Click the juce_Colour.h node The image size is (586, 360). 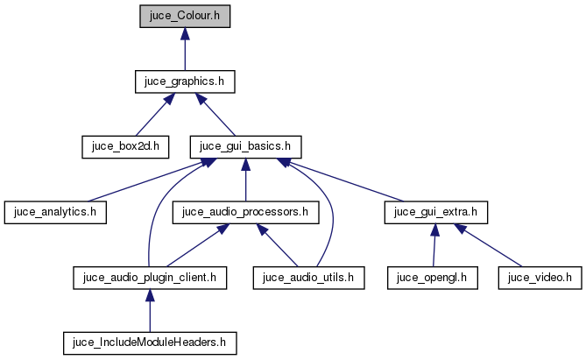185,16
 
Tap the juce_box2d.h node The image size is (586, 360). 125,146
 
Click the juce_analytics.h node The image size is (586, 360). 55,212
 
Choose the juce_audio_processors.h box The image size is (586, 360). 245,212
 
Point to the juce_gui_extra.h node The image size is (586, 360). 435,212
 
